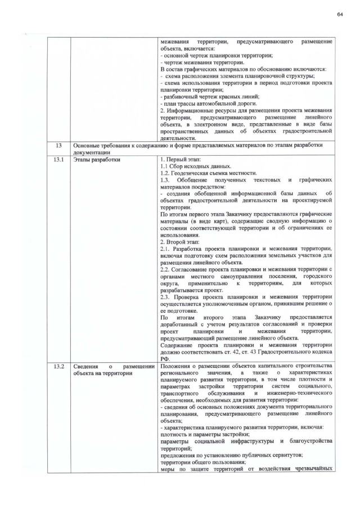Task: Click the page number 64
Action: coord(340,13)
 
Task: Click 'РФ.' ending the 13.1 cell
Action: coord(165,358)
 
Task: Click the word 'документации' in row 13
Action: coord(92,152)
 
